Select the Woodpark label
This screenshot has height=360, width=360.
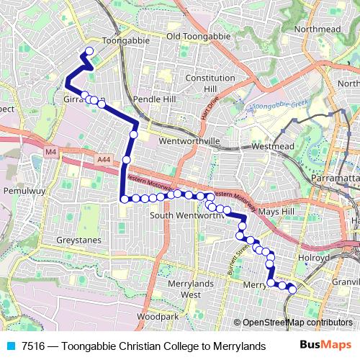[x=157, y=316]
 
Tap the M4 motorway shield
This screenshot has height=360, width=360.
[x=50, y=152]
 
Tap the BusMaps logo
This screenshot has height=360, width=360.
[x=325, y=345]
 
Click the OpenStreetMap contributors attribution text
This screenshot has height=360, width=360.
[x=297, y=323]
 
